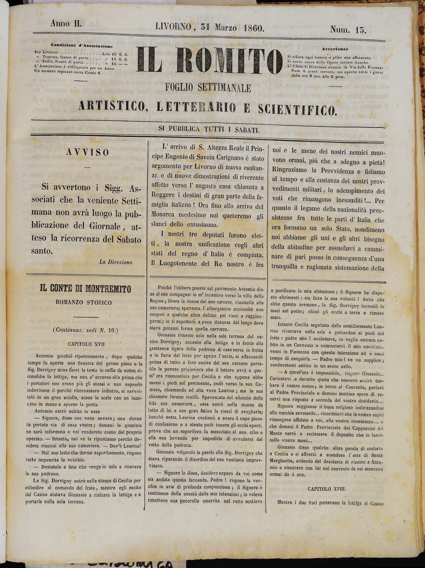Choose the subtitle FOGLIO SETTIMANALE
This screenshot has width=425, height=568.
(208, 88)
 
